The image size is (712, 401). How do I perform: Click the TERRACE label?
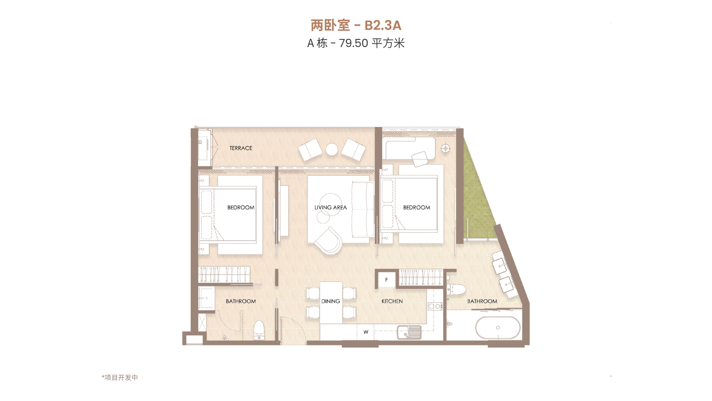(x=241, y=148)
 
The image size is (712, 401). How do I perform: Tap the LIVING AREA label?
(x=331, y=207)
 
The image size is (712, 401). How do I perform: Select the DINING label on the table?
(x=331, y=301)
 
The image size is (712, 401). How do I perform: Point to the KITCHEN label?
(x=392, y=301)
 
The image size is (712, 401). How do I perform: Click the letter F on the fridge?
(x=386, y=280)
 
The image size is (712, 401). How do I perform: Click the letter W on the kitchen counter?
(x=366, y=332)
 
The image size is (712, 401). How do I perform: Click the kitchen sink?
(x=409, y=332)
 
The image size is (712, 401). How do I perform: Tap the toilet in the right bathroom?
(x=456, y=289)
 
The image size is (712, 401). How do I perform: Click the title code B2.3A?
(x=383, y=25)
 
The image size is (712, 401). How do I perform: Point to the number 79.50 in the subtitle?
(x=354, y=43)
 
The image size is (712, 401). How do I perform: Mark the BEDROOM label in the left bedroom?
(x=241, y=207)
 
